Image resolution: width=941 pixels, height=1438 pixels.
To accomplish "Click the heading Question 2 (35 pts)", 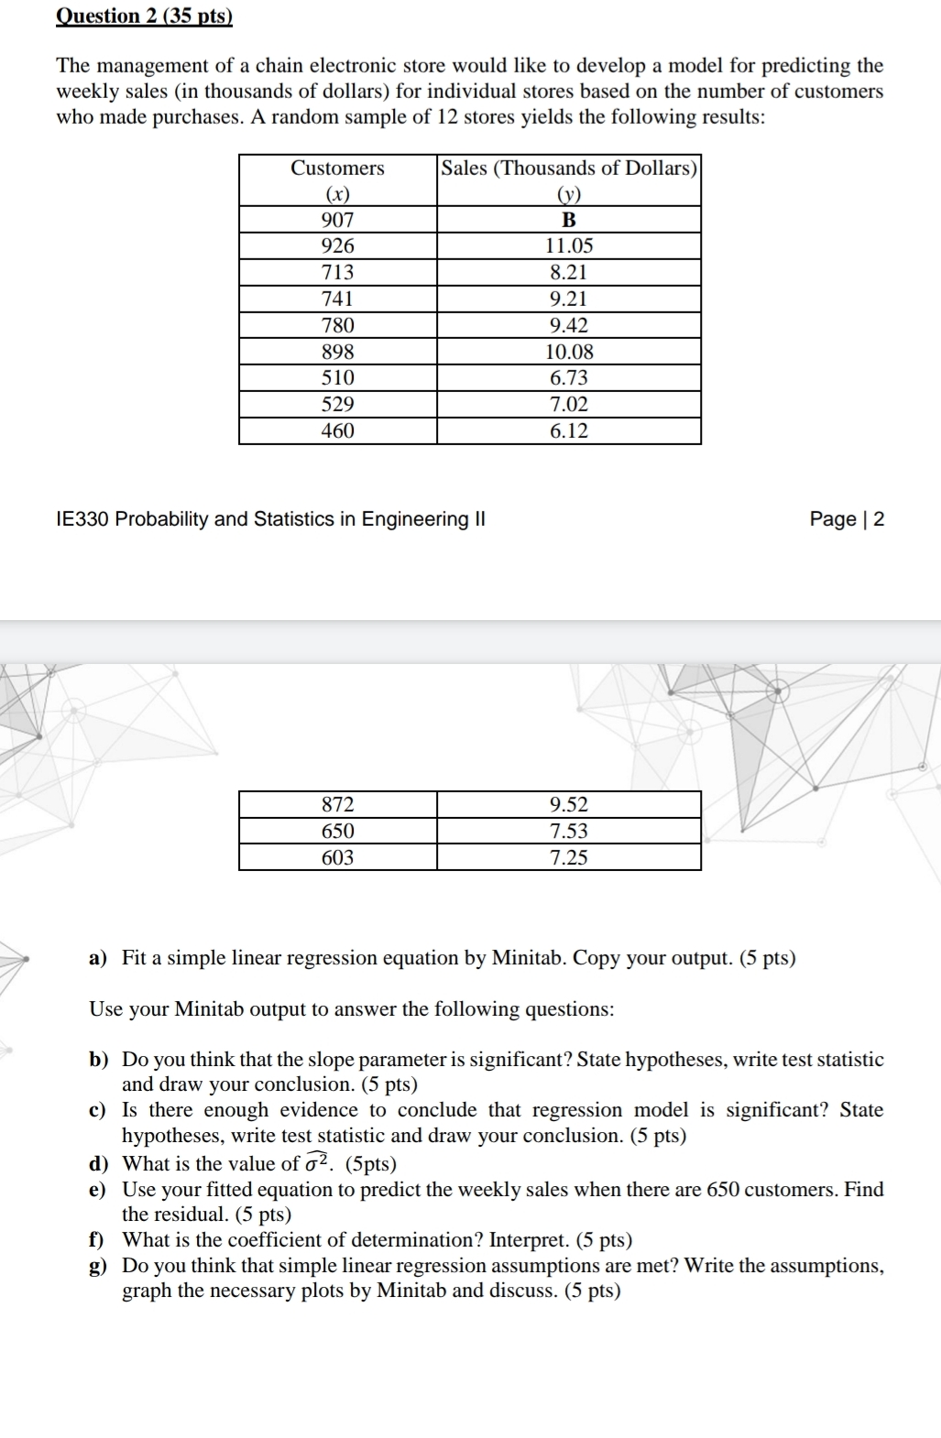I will coord(145,16).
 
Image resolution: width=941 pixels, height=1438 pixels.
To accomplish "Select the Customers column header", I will coord(337,169).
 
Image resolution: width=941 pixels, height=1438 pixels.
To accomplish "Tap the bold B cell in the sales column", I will coord(569,220).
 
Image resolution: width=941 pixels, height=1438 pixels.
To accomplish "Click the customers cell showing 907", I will coord(337,220).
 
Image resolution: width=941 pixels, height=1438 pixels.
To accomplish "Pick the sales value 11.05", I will coord(569,245).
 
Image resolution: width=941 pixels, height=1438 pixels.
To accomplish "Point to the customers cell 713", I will coord(337,272).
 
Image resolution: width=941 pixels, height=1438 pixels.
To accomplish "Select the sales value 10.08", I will coord(569,352).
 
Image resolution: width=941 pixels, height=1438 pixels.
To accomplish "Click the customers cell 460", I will coord(337,430).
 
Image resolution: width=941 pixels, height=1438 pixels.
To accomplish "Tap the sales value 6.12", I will coord(569,430).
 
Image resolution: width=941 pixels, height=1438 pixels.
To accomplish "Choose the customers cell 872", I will coord(337,804).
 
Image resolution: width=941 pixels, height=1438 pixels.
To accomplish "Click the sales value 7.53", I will coord(569,831).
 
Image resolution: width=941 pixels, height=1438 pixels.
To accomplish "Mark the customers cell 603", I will coord(337,857).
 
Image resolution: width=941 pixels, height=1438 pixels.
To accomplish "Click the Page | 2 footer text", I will coord(847,519).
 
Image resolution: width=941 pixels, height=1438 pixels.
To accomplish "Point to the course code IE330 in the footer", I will coord(83,519).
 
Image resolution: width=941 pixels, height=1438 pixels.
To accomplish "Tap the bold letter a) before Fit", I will coord(98,958).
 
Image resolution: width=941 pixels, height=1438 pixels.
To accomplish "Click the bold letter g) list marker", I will coord(97,1266).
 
